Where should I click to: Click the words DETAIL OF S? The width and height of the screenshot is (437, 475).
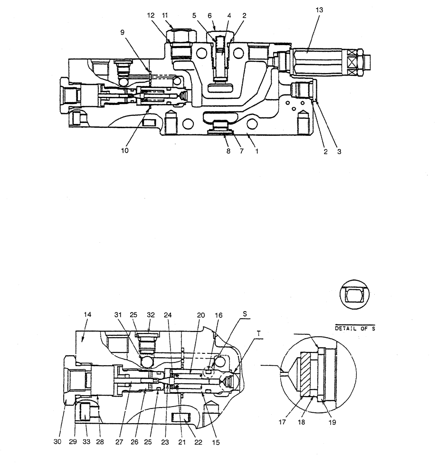tap(355, 328)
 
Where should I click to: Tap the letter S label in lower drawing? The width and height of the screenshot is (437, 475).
tap(245, 314)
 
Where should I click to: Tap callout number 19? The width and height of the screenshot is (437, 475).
tap(332, 421)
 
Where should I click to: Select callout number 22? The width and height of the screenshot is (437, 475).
tap(199, 442)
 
